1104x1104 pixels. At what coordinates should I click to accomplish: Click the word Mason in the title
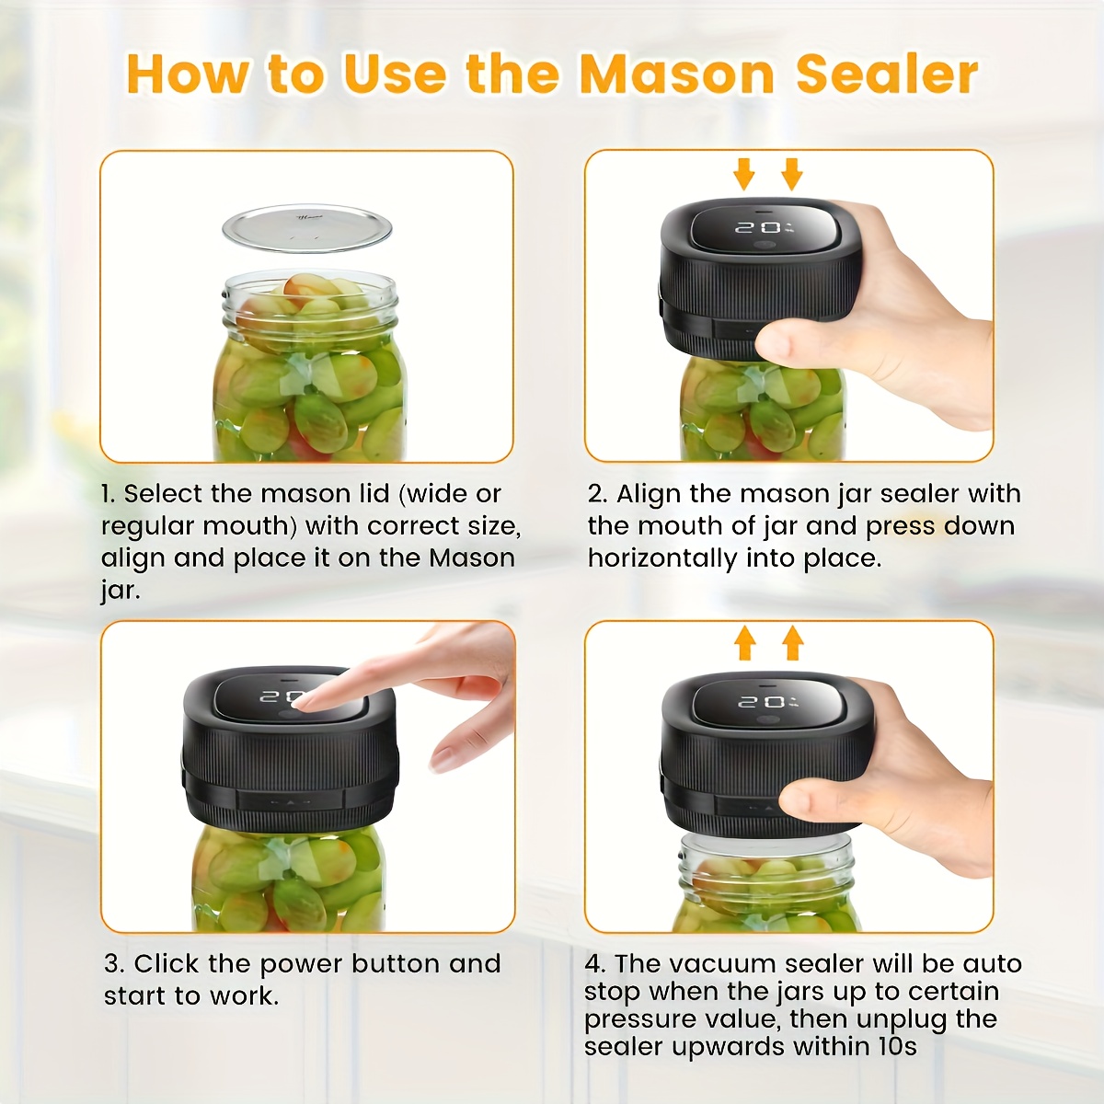[676, 75]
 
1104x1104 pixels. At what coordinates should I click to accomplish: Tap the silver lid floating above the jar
[307, 228]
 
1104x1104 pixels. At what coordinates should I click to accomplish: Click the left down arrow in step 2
[744, 174]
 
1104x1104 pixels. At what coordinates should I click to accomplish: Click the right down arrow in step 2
[791, 174]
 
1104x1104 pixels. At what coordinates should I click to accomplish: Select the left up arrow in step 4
[745, 643]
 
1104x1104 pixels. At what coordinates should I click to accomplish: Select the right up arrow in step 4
[792, 643]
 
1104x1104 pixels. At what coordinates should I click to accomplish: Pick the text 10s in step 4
[898, 1047]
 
